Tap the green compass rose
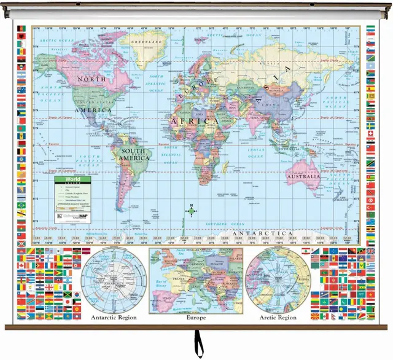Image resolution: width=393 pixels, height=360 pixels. tap(192, 213)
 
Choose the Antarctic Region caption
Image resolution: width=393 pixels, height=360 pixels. tap(114, 318)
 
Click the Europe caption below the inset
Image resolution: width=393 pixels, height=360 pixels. tap(196, 318)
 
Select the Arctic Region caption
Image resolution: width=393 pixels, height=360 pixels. tap(278, 318)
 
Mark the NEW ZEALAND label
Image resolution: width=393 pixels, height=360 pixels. tap(341, 195)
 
